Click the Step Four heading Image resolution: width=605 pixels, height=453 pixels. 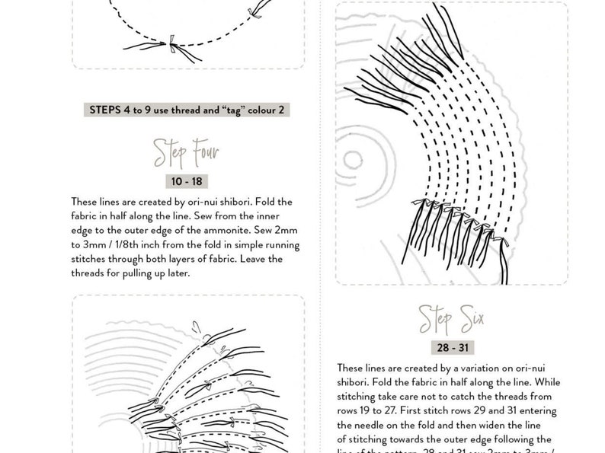point(186,152)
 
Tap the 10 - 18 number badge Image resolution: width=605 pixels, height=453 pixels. point(187,182)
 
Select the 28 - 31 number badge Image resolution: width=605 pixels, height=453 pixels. point(453,348)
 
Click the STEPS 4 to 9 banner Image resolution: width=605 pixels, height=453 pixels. point(187,110)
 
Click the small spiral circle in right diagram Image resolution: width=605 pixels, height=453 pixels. point(353,160)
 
